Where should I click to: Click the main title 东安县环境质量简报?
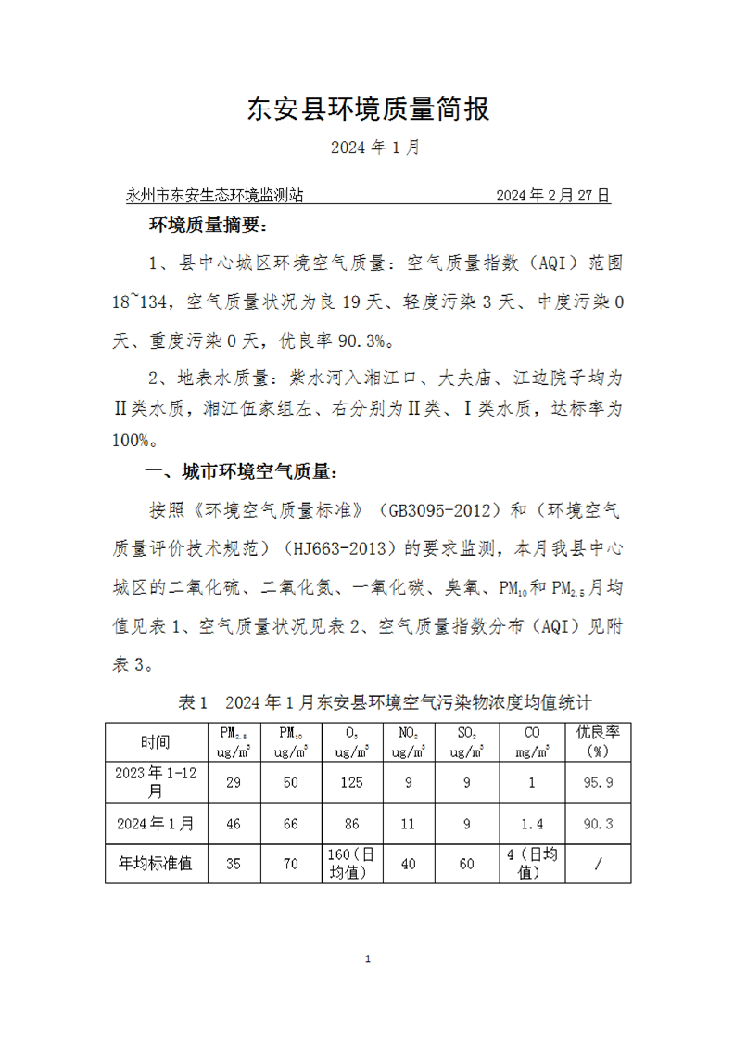tap(368, 109)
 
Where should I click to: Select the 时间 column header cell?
tap(156, 741)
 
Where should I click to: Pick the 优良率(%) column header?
tap(598, 741)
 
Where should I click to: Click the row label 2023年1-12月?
tap(156, 782)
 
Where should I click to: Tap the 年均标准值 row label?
tap(156, 864)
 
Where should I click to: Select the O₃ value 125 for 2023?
tap(351, 782)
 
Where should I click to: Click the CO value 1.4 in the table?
tap(532, 823)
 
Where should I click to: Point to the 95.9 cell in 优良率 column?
tap(598, 782)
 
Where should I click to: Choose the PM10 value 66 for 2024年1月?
tap(291, 823)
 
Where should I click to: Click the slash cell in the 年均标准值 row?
tap(598, 864)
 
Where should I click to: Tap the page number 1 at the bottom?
tap(368, 958)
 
